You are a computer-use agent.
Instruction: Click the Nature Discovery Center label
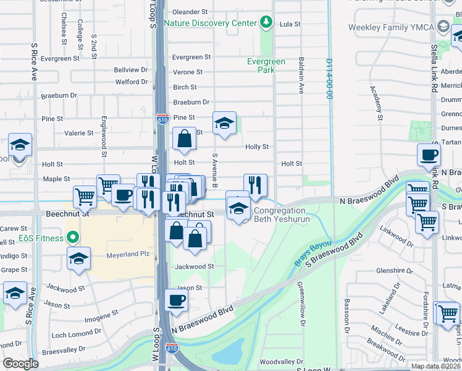pyautogui.click(x=210, y=23)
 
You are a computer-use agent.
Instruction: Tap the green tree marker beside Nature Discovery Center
pyautogui.click(x=266, y=23)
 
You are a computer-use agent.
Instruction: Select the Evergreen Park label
pyautogui.click(x=266, y=66)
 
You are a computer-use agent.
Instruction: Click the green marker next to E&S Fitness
pyautogui.click(x=73, y=238)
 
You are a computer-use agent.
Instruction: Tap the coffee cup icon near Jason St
pyautogui.click(x=176, y=301)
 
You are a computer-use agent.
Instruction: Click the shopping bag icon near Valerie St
pyautogui.click(x=184, y=139)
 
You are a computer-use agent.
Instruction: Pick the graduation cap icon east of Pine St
pyautogui.click(x=225, y=123)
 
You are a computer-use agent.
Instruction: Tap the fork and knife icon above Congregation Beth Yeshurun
pyautogui.click(x=255, y=184)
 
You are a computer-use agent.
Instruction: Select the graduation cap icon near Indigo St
pyautogui.click(x=78, y=258)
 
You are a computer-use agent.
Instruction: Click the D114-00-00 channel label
pyautogui.click(x=330, y=79)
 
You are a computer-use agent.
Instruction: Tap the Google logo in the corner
pyautogui.click(x=21, y=364)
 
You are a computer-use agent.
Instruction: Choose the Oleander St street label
pyautogui.click(x=190, y=12)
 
